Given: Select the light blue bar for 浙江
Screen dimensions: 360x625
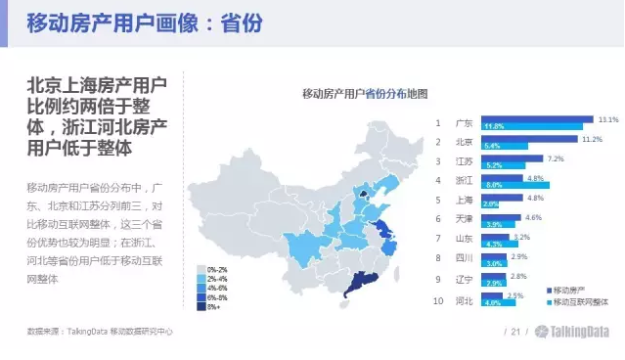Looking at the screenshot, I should pyautogui.click(x=514, y=185).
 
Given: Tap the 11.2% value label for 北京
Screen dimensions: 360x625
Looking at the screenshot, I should pyautogui.click(x=592, y=139).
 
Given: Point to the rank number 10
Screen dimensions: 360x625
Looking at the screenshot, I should pyautogui.click(x=439, y=301).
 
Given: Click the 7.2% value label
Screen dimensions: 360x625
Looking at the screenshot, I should pyautogui.click(x=556, y=158).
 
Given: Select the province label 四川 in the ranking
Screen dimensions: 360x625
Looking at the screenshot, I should pyautogui.click(x=464, y=259).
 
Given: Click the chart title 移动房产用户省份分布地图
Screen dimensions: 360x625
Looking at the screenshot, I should pyautogui.click(x=365, y=94).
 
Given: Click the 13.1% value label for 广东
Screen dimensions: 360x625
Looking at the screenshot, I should pyautogui.click(x=607, y=119).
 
